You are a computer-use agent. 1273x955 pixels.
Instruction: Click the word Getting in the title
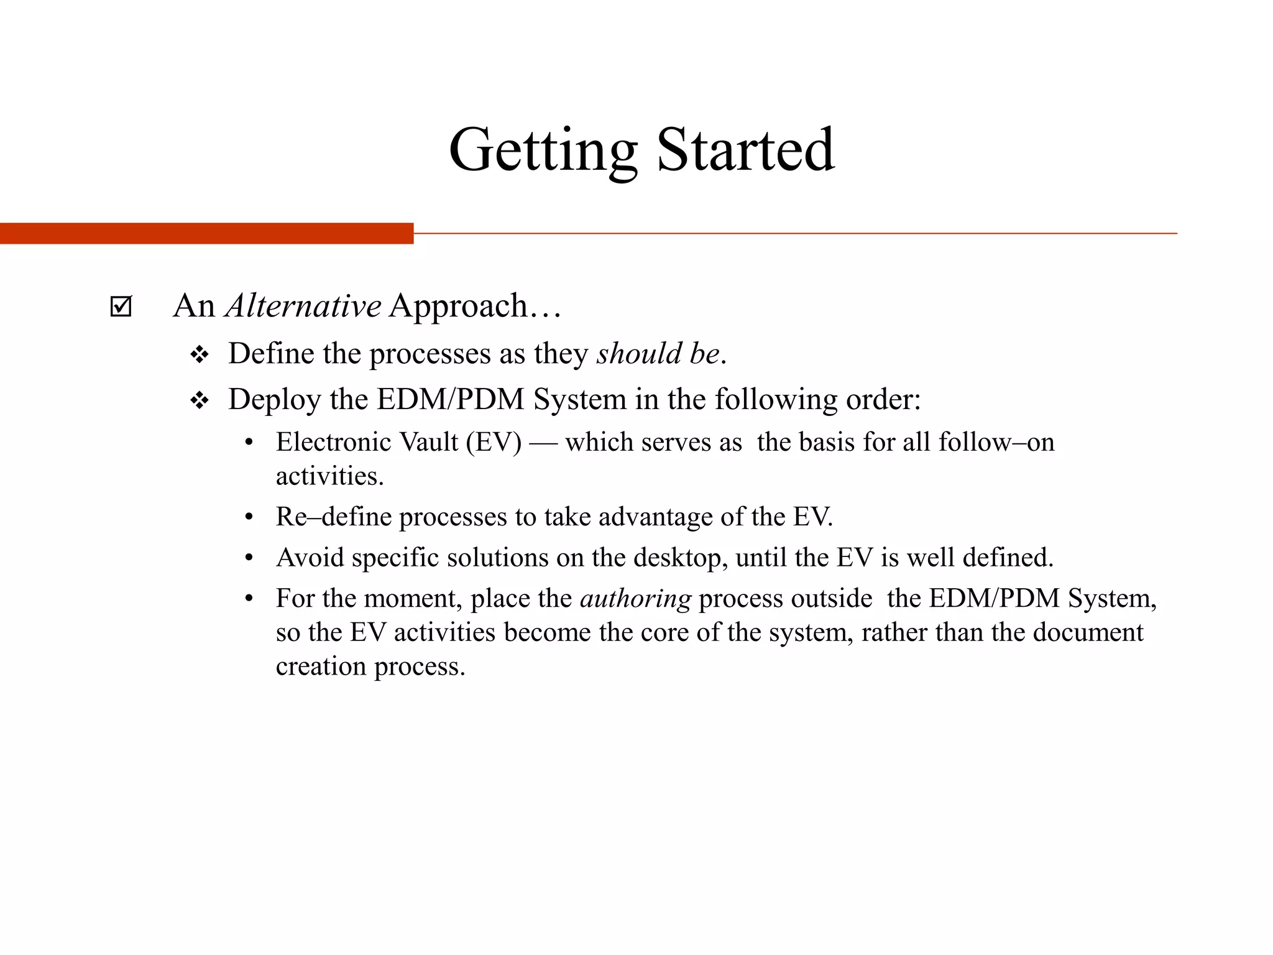click(x=543, y=151)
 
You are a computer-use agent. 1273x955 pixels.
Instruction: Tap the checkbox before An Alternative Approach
click(x=121, y=306)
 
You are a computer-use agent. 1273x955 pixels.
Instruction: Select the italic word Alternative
click(x=303, y=306)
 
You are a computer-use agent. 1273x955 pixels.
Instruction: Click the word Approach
click(x=458, y=306)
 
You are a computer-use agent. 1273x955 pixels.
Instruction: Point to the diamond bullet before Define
click(x=200, y=355)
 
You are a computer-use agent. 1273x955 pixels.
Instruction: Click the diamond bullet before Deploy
click(x=200, y=400)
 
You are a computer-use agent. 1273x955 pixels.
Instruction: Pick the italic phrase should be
click(x=658, y=354)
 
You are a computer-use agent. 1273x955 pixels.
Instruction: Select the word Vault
click(x=428, y=442)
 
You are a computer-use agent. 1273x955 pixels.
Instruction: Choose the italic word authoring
click(x=635, y=599)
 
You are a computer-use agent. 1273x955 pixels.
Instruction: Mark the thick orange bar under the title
click(x=206, y=233)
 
